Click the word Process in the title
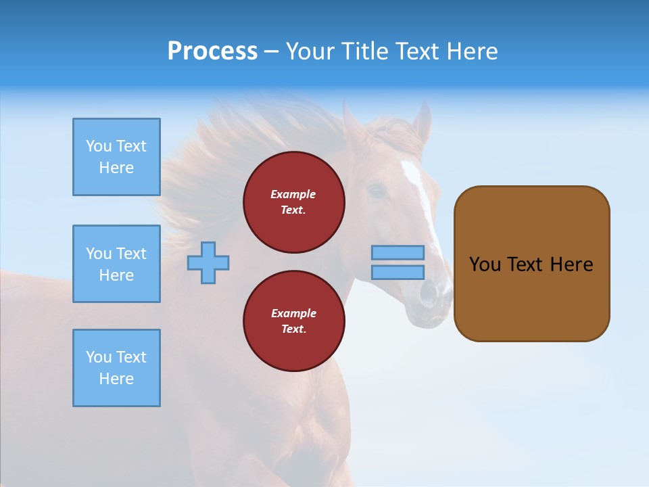[212, 51]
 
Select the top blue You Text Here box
[116, 157]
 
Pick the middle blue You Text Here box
[116, 264]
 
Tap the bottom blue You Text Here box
[116, 368]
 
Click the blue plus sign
[208, 263]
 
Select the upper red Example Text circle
[293, 202]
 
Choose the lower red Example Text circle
[293, 321]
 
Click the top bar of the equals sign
[398, 252]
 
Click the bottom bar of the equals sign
[398, 272]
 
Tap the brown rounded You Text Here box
[531, 264]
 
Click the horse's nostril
[428, 293]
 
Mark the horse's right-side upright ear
[423, 122]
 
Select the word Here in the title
[471, 51]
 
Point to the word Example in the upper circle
[293, 194]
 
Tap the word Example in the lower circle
[293, 313]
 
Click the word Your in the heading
[311, 51]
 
